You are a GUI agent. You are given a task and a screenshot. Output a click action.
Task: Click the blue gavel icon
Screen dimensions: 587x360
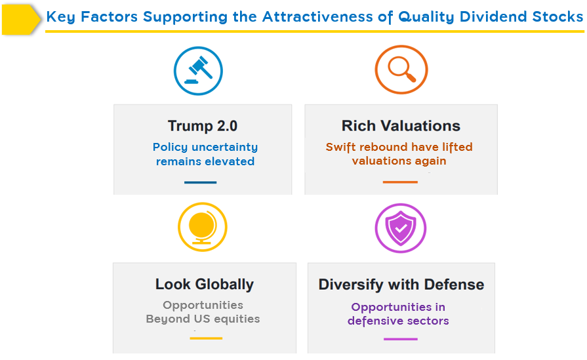point(198,71)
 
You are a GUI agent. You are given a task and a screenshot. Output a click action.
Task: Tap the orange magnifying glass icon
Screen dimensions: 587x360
point(401,70)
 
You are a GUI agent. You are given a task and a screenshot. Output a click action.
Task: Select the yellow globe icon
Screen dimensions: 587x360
point(202,227)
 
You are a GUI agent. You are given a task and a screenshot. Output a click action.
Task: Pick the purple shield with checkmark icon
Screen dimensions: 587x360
point(401,228)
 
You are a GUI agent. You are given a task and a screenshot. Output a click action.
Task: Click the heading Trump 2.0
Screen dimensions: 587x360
point(203,126)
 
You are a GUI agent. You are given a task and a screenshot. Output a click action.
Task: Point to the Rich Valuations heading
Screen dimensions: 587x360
point(401,126)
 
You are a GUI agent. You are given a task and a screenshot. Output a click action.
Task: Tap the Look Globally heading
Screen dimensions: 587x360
point(205,285)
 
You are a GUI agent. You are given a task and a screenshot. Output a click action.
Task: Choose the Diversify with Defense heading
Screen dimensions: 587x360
point(401,285)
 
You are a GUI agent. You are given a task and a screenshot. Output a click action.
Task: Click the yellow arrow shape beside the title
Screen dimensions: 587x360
point(21,20)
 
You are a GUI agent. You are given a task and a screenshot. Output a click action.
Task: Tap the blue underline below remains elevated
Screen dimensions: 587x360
point(200,182)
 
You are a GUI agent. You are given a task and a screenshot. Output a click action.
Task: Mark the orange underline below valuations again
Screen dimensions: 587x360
point(400,182)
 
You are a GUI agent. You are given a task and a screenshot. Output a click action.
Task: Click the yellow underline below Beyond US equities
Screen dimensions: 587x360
point(206,338)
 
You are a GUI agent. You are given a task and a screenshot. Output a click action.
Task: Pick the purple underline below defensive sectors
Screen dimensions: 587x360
point(401,339)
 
